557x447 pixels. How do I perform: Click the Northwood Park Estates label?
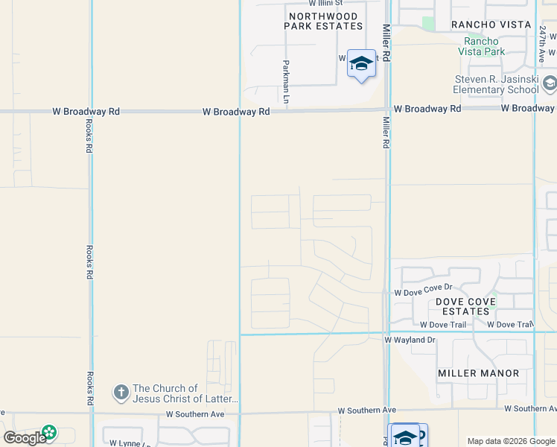pos(323,21)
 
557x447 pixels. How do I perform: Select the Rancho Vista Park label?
pos(485,46)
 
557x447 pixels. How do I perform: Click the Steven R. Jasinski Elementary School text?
pos(497,85)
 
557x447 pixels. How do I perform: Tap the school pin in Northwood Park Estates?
pos(361,64)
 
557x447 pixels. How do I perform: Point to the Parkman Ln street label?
pos(286,83)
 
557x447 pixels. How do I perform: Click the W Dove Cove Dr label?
pos(424,289)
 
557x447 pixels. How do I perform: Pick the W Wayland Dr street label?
pos(410,340)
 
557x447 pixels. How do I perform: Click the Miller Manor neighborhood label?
pos(479,372)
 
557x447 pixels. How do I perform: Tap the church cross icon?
pos(121,391)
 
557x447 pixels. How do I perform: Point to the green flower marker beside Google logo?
pos(49,433)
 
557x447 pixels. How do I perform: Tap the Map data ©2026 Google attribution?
pos(511,442)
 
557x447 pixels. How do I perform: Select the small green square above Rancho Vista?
pos(428,23)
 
